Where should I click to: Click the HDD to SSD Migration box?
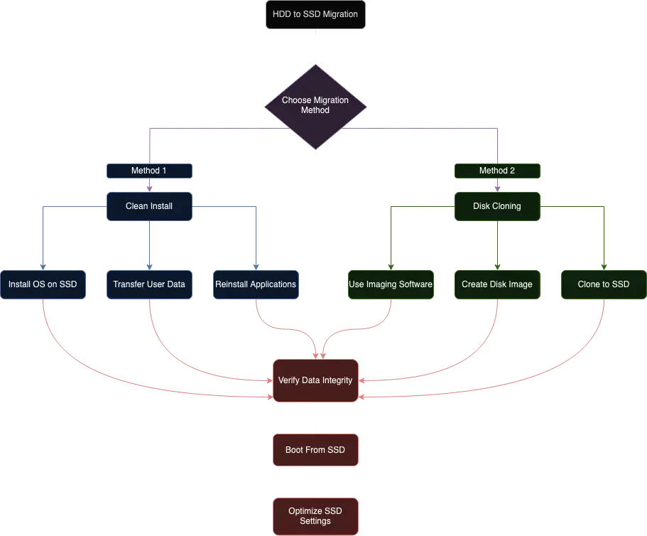(x=315, y=14)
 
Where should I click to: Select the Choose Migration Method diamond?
(x=315, y=106)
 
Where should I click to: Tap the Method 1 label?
(x=149, y=171)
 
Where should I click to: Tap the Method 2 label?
(x=497, y=171)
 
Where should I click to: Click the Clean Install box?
(x=149, y=206)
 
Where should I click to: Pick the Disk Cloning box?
(x=497, y=206)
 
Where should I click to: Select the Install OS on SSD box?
(x=43, y=284)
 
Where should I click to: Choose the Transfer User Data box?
(x=149, y=284)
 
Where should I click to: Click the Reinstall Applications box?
(x=256, y=284)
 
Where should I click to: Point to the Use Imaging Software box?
(x=391, y=284)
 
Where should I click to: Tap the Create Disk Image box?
(x=497, y=284)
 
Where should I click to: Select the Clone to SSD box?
(x=604, y=284)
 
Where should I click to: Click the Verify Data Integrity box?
(x=315, y=380)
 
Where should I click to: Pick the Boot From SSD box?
(x=315, y=450)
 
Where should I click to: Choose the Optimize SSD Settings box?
(x=315, y=516)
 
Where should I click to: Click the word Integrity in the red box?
(x=337, y=380)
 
